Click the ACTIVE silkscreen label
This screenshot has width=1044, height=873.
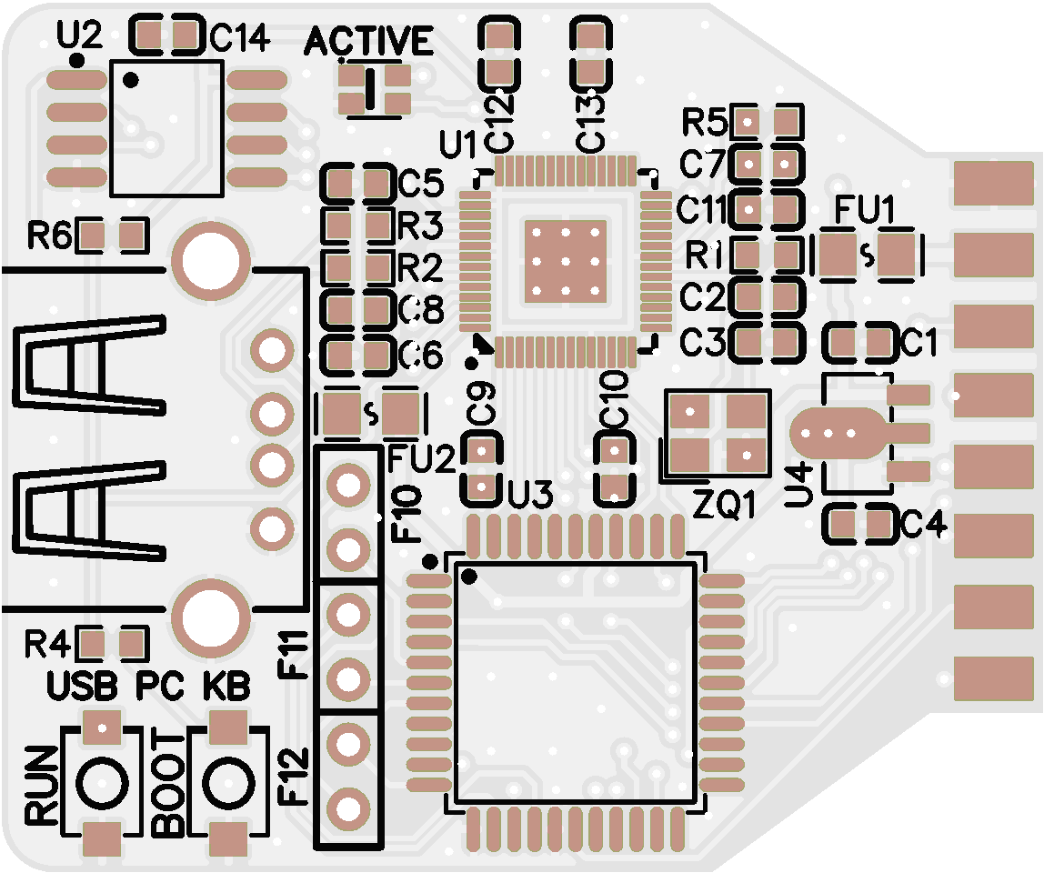(x=368, y=41)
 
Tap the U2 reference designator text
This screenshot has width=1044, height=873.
(x=79, y=36)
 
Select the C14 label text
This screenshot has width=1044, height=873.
(x=239, y=38)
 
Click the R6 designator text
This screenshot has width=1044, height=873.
(x=49, y=237)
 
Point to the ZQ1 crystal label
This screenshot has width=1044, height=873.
(x=724, y=503)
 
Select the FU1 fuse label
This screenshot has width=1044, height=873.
(x=865, y=212)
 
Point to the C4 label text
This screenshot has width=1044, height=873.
(x=923, y=525)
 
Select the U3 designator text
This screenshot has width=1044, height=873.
(x=530, y=497)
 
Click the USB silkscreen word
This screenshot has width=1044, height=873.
(x=83, y=687)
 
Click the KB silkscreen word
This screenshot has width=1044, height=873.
(x=226, y=687)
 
